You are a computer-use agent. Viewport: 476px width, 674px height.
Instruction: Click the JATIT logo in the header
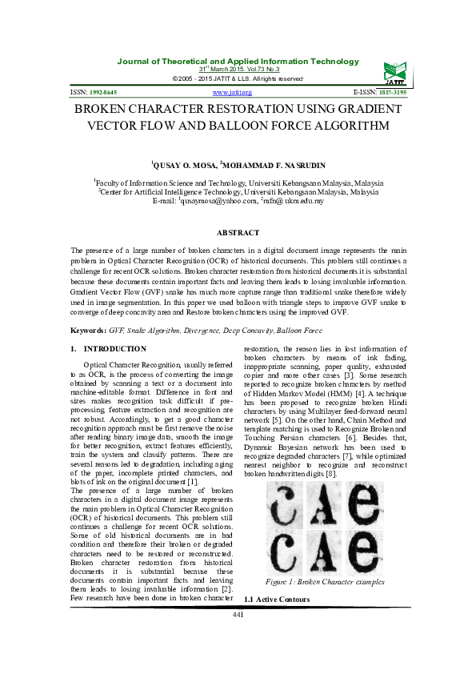[394, 73]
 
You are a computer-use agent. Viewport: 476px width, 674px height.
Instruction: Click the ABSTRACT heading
[238, 232]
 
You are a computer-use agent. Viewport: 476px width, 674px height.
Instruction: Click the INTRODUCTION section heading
[114, 349]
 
